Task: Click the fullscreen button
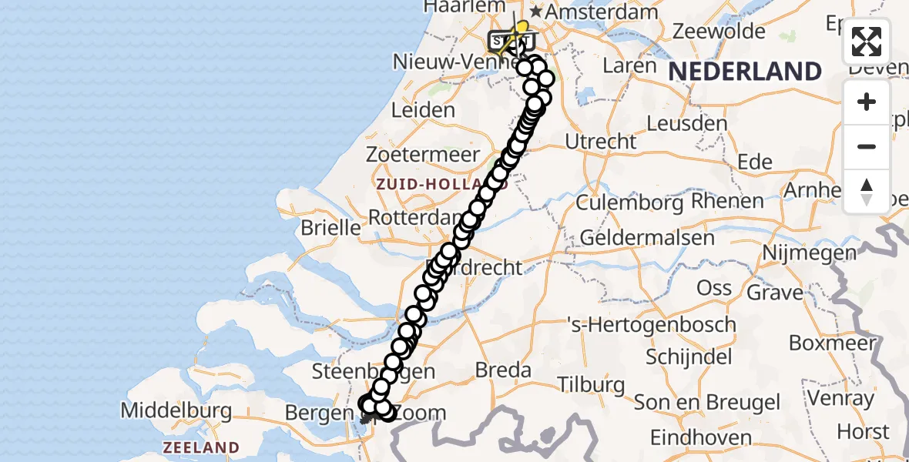867,42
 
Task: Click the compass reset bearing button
867,192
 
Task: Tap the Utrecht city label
601,142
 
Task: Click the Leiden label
423,110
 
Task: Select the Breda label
503,370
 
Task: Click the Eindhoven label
701,438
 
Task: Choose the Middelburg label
177,410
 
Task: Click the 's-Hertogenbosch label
651,325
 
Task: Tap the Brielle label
330,228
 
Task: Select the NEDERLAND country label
744,72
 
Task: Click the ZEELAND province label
200,447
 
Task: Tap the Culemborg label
629,203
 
